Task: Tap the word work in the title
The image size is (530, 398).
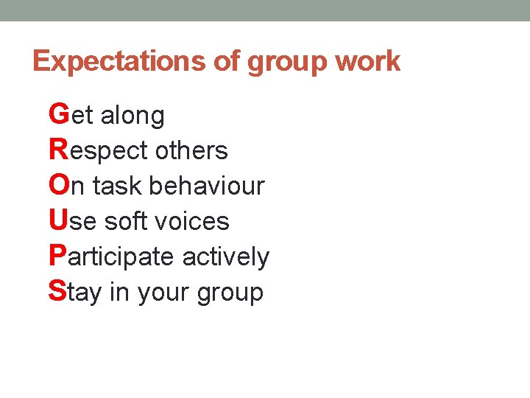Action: pyautogui.click(x=367, y=61)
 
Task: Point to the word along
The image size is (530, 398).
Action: pyautogui.click(x=132, y=116)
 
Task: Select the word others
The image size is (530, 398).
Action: pyautogui.click(x=192, y=150)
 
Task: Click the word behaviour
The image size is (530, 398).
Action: pyautogui.click(x=207, y=186)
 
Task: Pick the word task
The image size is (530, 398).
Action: pyautogui.click(x=119, y=186)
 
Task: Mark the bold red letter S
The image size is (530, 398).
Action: pyautogui.click(x=57, y=291)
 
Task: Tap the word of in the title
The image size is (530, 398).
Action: pyautogui.click(x=227, y=61)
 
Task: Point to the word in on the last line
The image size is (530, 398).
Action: pyautogui.click(x=119, y=292)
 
